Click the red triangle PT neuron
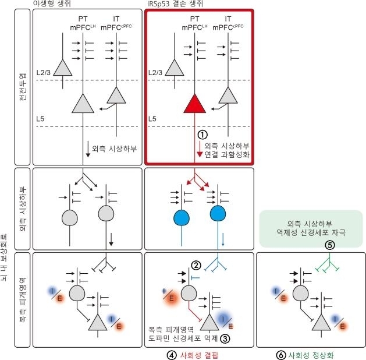[x=195, y=105]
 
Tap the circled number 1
[x=202, y=135]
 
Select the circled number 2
[x=196, y=265]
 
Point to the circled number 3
[x=225, y=338]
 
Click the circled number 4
[x=172, y=355]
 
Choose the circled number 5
[x=330, y=245]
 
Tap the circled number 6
[x=281, y=355]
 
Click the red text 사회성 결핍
[x=199, y=355]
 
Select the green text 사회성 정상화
[x=311, y=355]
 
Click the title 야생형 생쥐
[x=52, y=3]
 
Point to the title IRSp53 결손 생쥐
[x=175, y=3]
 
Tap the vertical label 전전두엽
[x=23, y=87]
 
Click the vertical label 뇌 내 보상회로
[x=3, y=257]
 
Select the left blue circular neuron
[x=182, y=218]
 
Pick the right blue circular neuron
[x=218, y=214]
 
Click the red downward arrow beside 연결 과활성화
[x=200, y=149]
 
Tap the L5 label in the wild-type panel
[x=40, y=119]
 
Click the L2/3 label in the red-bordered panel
[x=155, y=72]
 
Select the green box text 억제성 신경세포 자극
[x=311, y=232]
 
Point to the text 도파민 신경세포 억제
[x=183, y=338]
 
